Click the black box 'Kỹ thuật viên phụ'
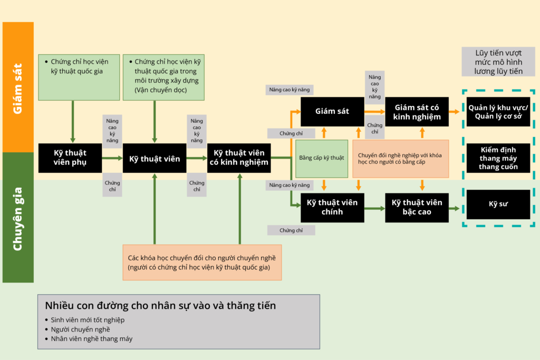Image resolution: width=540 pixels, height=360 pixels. pyautogui.click(x=70, y=158)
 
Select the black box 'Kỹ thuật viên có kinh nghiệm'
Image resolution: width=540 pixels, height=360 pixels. pyautogui.click(x=239, y=158)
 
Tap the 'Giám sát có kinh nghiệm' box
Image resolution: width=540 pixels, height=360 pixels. pyautogui.click(x=417, y=111)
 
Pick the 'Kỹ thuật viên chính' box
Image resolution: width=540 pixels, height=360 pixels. pyautogui.click(x=332, y=207)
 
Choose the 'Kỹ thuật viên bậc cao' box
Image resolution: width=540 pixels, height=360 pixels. pyautogui.click(x=417, y=207)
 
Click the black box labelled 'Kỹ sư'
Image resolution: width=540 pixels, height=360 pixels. pyautogui.click(x=498, y=205)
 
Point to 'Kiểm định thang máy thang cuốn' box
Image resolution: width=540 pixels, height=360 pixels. pyautogui.click(x=498, y=158)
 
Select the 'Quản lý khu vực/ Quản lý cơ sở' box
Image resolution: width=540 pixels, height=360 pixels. pyautogui.click(x=498, y=112)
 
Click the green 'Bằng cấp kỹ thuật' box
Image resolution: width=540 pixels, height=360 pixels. pyautogui.click(x=322, y=158)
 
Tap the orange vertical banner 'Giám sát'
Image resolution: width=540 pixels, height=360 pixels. pyautogui.click(x=18, y=87)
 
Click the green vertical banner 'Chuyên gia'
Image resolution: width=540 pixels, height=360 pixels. pyautogui.click(x=18, y=217)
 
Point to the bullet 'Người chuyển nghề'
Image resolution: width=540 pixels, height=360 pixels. pyautogui.click(x=80, y=329)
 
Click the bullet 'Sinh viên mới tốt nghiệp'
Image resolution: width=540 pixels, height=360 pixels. pyautogui.click(x=88, y=320)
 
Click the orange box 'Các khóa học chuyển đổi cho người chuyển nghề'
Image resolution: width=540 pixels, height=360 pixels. pyautogui.click(x=202, y=262)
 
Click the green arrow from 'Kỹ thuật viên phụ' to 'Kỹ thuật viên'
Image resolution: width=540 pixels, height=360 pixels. pyautogui.click(x=112, y=158)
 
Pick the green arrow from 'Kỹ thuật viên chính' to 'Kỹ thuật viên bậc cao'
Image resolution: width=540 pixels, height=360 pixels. pyautogui.click(x=374, y=208)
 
